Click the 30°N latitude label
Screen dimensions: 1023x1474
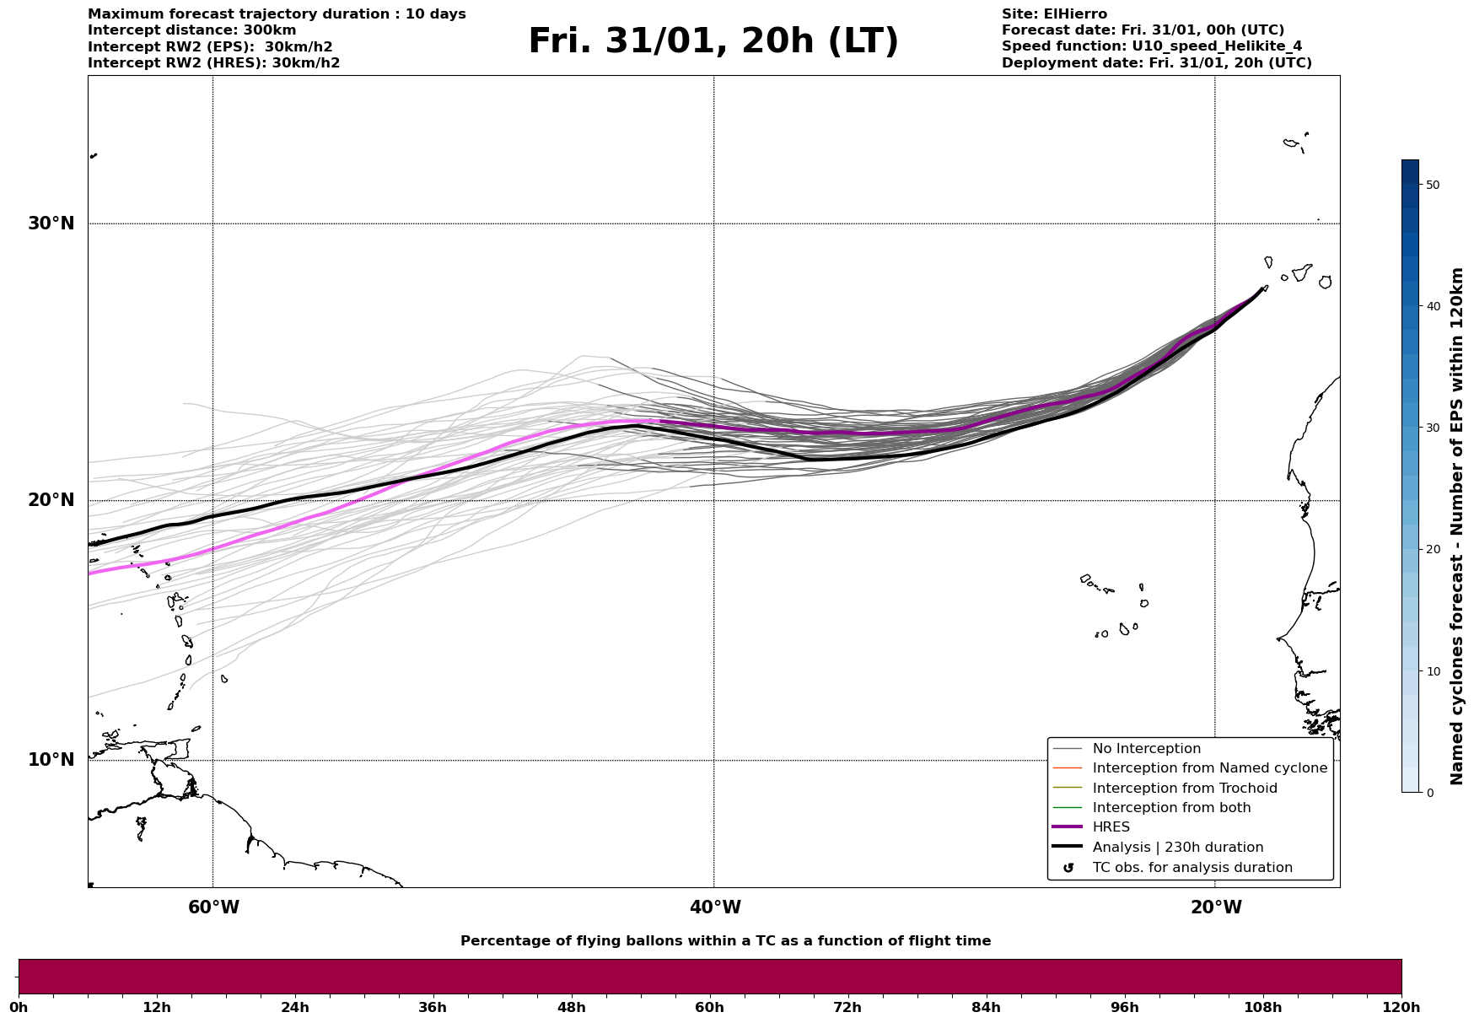(51, 223)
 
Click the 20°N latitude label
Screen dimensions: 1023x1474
(51, 500)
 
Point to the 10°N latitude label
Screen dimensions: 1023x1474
(51, 760)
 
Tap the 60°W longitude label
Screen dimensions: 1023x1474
(213, 907)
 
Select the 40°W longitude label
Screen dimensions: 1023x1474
(715, 907)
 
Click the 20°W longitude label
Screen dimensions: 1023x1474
(1216, 907)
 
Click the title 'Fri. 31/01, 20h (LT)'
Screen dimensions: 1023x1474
(713, 41)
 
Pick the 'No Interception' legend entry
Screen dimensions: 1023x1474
(1146, 749)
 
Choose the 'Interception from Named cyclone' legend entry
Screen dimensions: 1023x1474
(1209, 768)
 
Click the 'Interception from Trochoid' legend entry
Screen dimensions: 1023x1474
(1184, 789)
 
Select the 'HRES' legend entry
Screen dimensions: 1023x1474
(1111, 827)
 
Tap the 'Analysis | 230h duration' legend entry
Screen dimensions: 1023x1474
(1177, 848)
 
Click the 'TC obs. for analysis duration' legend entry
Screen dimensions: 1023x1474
(1192, 868)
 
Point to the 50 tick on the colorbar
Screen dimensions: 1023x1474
(1432, 185)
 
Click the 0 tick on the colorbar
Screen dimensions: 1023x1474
(1429, 793)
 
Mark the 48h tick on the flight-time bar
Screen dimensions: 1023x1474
(571, 1007)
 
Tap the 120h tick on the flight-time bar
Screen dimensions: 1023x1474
(1401, 1007)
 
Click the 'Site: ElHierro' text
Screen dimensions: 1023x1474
(1054, 14)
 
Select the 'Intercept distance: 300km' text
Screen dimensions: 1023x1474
(192, 30)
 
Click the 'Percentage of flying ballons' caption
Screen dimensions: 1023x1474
(725, 941)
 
